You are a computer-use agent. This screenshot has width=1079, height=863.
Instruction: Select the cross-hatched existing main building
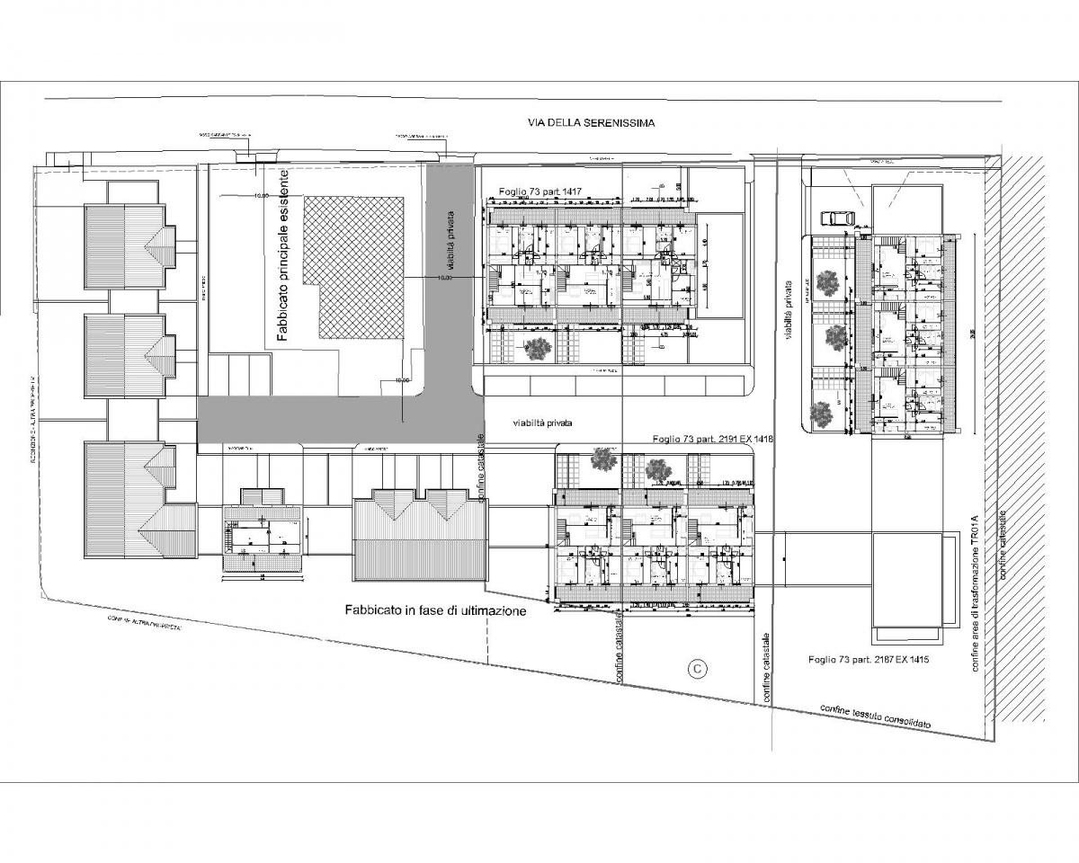tap(352, 267)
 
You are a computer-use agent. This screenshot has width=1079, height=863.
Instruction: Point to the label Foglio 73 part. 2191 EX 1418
tap(711, 439)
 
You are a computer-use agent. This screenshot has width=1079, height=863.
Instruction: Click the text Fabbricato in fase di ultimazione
tap(435, 609)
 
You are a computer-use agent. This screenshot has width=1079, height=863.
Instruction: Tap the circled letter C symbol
tap(695, 668)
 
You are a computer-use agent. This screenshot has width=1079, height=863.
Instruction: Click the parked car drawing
tap(838, 218)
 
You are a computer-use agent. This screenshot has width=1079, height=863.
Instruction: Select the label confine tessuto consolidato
tap(875, 716)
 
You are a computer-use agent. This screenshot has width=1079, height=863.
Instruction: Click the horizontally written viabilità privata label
tap(542, 422)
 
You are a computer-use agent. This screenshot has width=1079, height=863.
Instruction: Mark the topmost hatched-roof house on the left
tap(124, 245)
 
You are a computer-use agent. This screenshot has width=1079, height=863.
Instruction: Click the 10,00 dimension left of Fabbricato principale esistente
tap(262, 195)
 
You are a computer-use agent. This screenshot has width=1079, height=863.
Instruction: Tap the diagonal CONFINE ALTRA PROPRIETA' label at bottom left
tap(145, 623)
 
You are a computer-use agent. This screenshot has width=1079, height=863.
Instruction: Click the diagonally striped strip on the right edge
tap(1025, 431)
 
